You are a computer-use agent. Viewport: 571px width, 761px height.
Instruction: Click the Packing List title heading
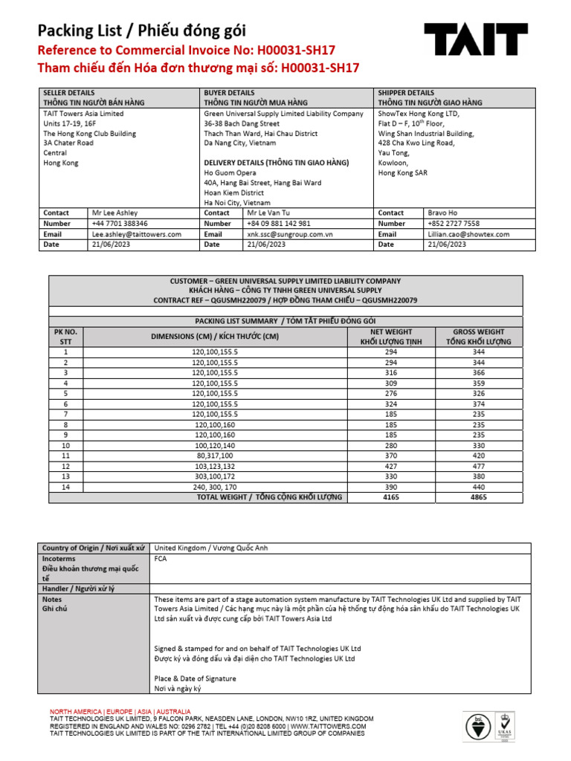click(x=141, y=30)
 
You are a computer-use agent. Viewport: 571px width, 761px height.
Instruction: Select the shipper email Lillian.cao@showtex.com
click(x=468, y=233)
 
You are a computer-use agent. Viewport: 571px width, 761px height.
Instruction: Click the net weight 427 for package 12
click(x=387, y=466)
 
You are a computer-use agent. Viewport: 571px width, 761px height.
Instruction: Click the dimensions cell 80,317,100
click(x=215, y=456)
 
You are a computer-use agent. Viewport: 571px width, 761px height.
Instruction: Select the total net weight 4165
click(x=387, y=497)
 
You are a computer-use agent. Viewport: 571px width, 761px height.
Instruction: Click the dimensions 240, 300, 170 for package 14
click(x=215, y=487)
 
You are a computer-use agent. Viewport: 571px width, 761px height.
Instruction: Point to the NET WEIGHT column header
click(x=387, y=331)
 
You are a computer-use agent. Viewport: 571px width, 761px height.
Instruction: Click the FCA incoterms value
click(x=161, y=558)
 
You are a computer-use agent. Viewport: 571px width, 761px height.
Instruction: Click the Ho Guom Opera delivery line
click(x=230, y=172)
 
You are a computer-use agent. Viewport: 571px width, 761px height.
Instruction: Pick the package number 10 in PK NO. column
click(x=66, y=445)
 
